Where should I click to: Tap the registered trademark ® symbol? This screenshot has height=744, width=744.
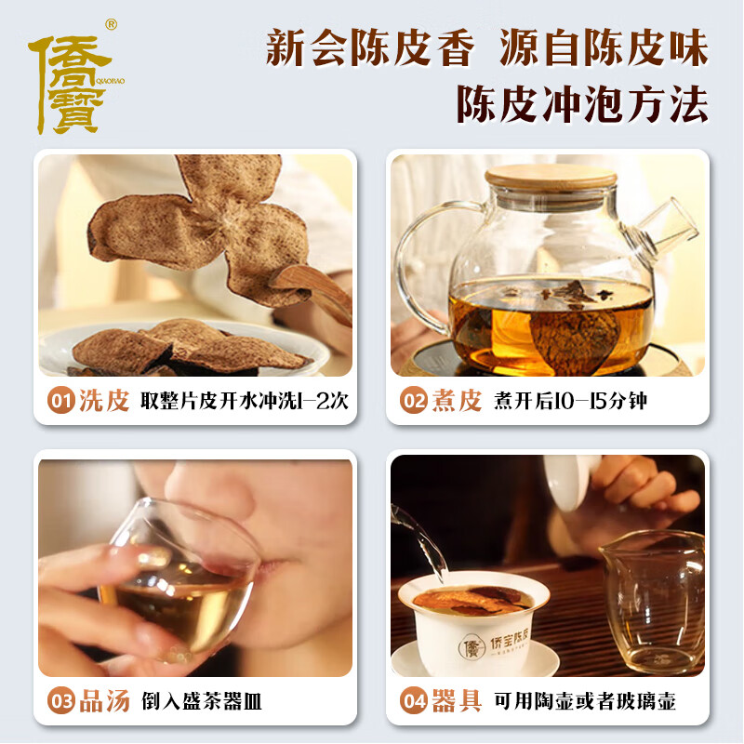click(111, 23)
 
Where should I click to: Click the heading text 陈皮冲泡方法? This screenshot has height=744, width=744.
click(581, 104)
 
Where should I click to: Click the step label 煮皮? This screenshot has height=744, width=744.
click(456, 402)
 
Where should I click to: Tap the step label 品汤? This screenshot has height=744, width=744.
click(103, 701)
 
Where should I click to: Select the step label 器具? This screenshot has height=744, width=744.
click(456, 701)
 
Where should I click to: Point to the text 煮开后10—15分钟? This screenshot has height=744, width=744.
click(571, 403)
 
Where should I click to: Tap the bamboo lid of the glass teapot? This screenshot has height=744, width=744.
click(550, 177)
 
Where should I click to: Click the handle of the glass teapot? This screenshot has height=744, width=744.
click(419, 260)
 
